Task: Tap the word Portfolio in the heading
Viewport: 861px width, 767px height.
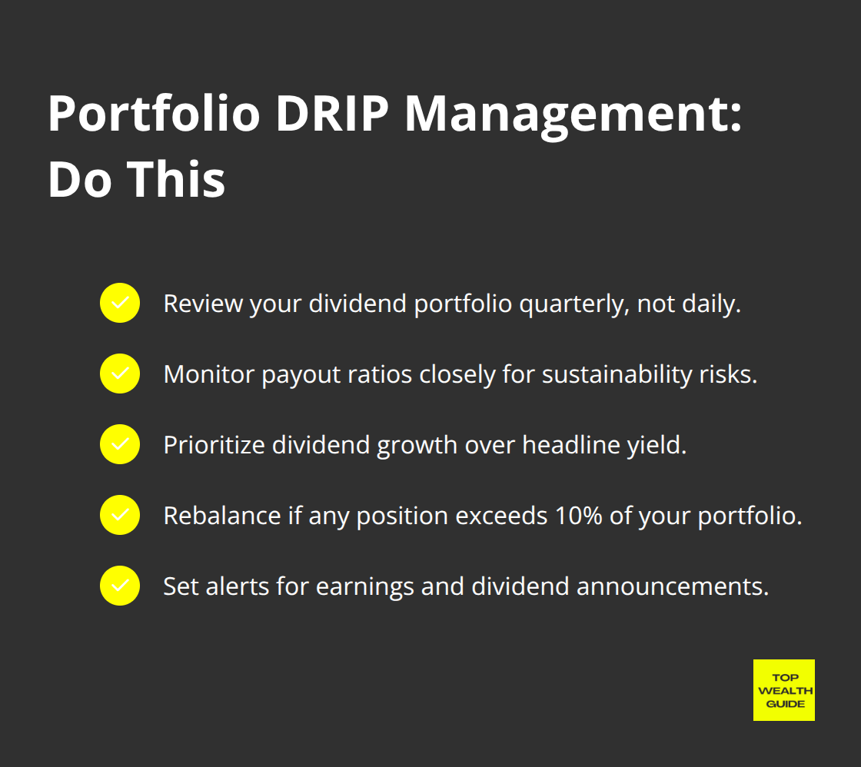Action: (x=154, y=115)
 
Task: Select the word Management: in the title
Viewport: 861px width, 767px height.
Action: (x=573, y=115)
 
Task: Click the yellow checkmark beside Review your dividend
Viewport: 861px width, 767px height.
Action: (x=120, y=303)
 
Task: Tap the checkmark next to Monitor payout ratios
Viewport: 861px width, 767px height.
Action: (x=120, y=374)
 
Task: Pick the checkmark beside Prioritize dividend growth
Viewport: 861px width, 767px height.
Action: (x=120, y=444)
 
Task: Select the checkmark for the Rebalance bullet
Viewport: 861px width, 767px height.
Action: (x=120, y=515)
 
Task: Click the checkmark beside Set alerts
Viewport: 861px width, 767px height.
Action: (x=120, y=586)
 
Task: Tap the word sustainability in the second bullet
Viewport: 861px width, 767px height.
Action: (x=610, y=374)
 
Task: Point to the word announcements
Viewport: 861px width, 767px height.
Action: (x=673, y=586)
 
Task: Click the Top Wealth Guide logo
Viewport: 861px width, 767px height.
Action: (x=783, y=689)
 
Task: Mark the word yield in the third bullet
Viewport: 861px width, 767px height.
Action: (x=661, y=445)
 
